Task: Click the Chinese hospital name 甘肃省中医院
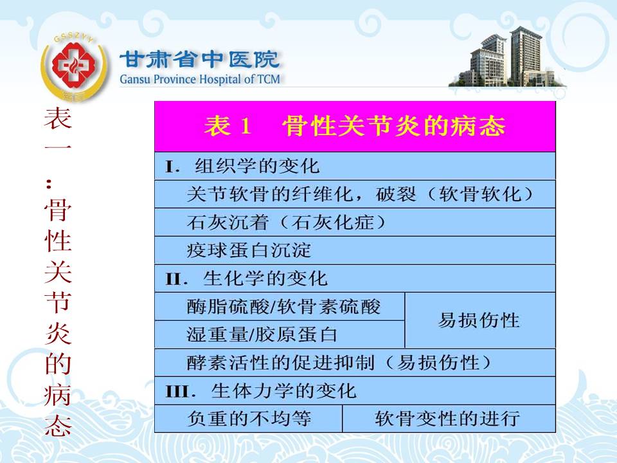pos(199,59)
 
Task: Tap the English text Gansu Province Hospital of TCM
pos(200,79)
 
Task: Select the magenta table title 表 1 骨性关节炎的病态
pos(355,127)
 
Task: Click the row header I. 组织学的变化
pos(355,166)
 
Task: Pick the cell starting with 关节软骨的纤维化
pos(355,194)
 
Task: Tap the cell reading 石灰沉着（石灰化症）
pos(355,222)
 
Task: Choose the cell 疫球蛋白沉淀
pos(355,250)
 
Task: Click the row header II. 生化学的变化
pos(355,278)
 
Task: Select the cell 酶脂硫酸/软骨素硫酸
pos(280,306)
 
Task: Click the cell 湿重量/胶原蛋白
pos(280,334)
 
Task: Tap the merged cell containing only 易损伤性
pos(480,320)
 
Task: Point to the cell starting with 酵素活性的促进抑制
pos(355,363)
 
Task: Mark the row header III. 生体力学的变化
pos(355,390)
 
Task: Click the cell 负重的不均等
pos(248,419)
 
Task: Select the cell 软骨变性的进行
pos(449,419)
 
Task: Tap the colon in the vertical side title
pos(49,183)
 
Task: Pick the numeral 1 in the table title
pos(245,127)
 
